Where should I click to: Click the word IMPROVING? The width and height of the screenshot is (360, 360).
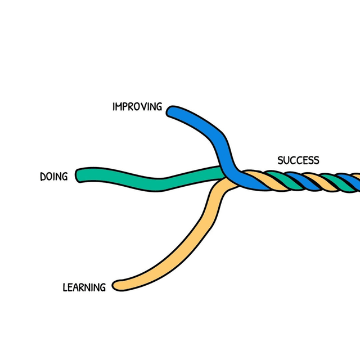(x=137, y=107)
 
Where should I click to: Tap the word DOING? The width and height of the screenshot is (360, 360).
(x=53, y=177)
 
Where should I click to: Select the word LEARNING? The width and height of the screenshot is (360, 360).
(x=84, y=288)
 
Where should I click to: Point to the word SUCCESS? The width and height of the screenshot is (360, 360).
(x=298, y=161)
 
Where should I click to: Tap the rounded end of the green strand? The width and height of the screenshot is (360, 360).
(x=80, y=175)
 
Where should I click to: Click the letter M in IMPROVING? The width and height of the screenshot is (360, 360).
(x=120, y=107)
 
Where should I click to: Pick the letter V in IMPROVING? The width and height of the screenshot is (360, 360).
(x=144, y=107)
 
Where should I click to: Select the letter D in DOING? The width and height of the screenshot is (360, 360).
(x=43, y=177)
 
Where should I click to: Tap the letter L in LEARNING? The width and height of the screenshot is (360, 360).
(x=65, y=288)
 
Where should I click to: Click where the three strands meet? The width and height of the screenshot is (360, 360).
(x=227, y=178)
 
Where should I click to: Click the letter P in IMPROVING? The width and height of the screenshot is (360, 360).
(x=126, y=107)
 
